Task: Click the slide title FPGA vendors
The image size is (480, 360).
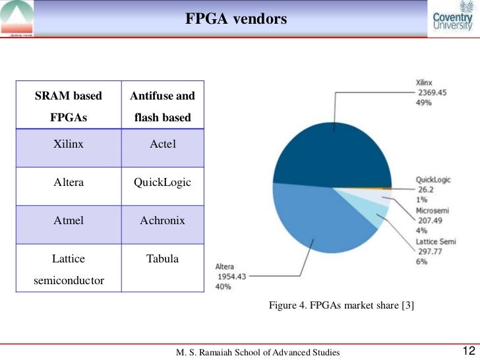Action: pyautogui.click(x=235, y=19)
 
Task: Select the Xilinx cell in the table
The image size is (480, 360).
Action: pyautogui.click(x=69, y=144)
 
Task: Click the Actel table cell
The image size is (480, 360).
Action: pyautogui.click(x=162, y=144)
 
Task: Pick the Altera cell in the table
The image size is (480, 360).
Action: pyautogui.click(x=69, y=182)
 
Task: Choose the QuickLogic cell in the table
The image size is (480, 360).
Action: pyautogui.click(x=162, y=182)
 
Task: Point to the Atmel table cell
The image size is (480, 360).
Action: pyautogui.click(x=69, y=220)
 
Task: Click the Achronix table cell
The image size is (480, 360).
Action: pyautogui.click(x=162, y=220)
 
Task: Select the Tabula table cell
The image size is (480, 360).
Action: pyautogui.click(x=162, y=258)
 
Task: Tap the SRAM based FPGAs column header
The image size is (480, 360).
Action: pyautogui.click(x=69, y=107)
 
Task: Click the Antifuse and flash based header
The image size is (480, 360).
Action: pyautogui.click(x=162, y=107)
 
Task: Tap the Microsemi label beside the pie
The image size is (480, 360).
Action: pyautogui.click(x=432, y=210)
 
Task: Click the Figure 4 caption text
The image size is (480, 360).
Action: pyautogui.click(x=341, y=305)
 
